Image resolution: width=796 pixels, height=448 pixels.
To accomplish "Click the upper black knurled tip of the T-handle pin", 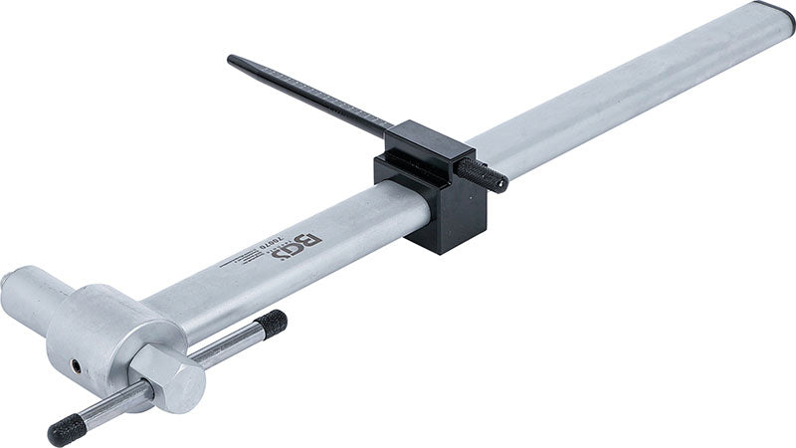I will tap(271, 322).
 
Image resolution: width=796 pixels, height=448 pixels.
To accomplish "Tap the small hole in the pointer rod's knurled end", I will tap(501, 183).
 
